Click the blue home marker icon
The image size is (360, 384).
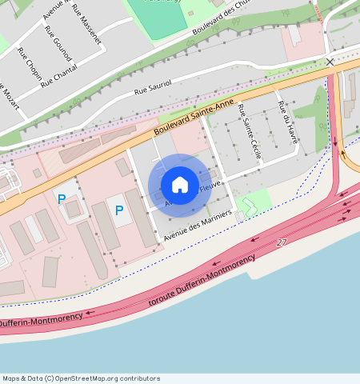(x=180, y=186)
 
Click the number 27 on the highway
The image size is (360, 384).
(x=282, y=242)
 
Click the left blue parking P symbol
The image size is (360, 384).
(x=61, y=199)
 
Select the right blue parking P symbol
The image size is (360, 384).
(x=119, y=210)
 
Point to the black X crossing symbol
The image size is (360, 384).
(x=330, y=62)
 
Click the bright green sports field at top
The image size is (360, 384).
(x=157, y=14)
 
